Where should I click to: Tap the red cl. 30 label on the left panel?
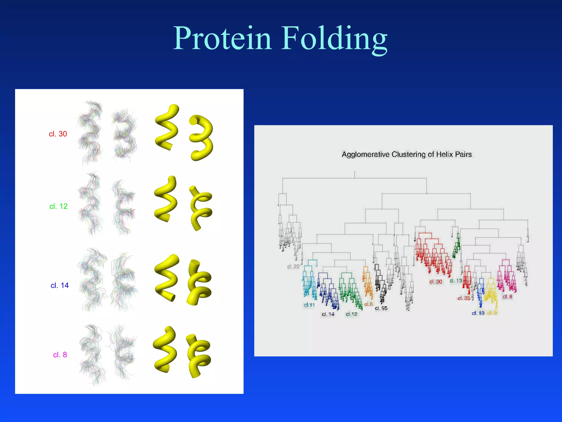58,134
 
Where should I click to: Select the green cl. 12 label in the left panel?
58,206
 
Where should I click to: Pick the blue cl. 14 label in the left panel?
60,285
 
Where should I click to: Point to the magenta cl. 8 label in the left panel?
60,355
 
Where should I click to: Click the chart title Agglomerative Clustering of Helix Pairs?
406,154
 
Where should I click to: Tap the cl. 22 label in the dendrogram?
293,266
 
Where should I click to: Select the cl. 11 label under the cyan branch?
309,305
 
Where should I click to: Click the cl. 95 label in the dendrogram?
381,308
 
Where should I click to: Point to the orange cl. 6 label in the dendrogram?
368,304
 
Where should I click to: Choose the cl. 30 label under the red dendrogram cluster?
435,282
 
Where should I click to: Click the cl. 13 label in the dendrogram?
456,281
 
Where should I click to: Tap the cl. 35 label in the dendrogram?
464,298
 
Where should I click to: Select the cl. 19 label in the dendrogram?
478,313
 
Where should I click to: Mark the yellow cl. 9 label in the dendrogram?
492,313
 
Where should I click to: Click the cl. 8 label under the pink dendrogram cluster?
507,296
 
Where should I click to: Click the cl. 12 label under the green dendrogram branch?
352,314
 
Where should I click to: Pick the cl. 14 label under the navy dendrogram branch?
328,314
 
